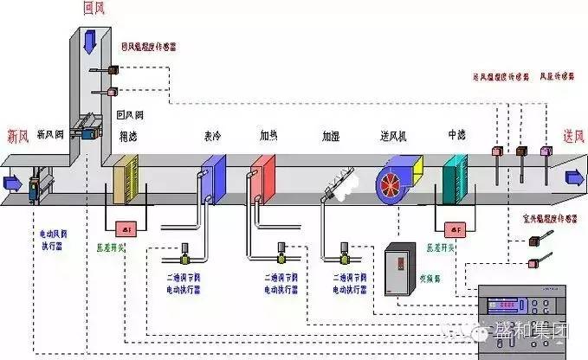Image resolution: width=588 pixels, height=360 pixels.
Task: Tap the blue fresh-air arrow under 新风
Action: [12, 183]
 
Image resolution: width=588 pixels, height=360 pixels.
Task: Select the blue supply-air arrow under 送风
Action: [574, 178]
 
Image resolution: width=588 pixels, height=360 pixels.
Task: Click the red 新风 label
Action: [19, 135]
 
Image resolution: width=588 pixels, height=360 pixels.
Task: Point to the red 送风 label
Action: [574, 136]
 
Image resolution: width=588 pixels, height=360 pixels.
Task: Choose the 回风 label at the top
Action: [94, 8]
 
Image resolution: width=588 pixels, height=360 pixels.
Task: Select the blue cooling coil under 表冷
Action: [213, 177]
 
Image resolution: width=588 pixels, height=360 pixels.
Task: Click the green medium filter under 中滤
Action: [454, 179]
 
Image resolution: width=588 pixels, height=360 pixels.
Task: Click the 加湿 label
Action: [331, 137]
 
